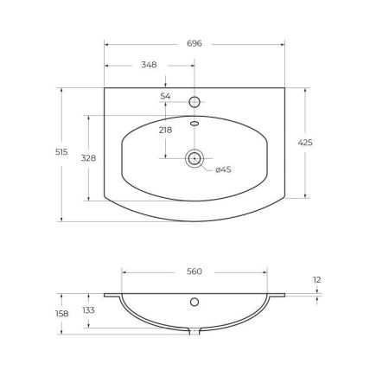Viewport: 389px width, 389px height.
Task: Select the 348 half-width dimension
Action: coord(149,64)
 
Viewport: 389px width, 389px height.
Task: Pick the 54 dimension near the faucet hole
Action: coord(166,95)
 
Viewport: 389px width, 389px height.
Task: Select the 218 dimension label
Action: coord(166,130)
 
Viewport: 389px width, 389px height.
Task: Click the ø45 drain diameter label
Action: coord(223,170)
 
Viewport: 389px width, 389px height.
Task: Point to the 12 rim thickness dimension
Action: coord(318,279)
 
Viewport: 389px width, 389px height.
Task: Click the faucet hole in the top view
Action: coord(194,102)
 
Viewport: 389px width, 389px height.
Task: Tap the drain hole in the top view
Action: coord(194,158)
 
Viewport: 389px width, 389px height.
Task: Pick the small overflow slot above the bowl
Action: coord(194,124)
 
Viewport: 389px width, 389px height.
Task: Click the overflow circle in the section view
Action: coord(194,303)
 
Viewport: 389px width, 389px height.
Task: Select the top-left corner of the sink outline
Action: coord(105,86)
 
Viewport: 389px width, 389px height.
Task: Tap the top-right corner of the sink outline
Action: coord(284,86)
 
